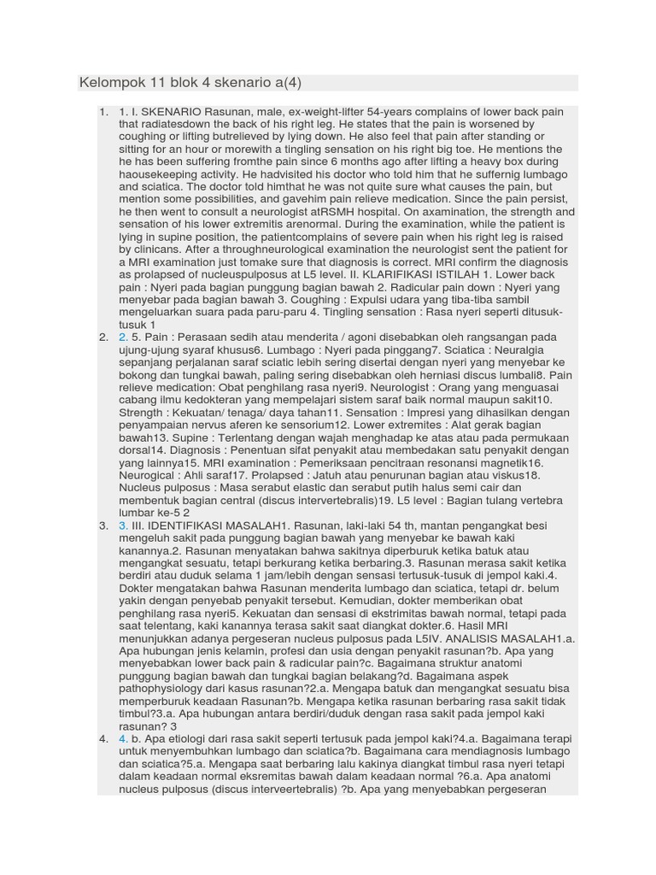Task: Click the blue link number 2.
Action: pyautogui.click(x=124, y=338)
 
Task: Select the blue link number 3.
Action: pyautogui.click(x=124, y=526)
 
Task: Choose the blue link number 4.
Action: pyautogui.click(x=124, y=738)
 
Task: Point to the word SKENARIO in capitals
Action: pyautogui.click(x=172, y=112)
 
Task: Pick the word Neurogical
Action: pyautogui.click(x=148, y=474)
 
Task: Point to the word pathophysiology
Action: pyautogui.click(x=173, y=688)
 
